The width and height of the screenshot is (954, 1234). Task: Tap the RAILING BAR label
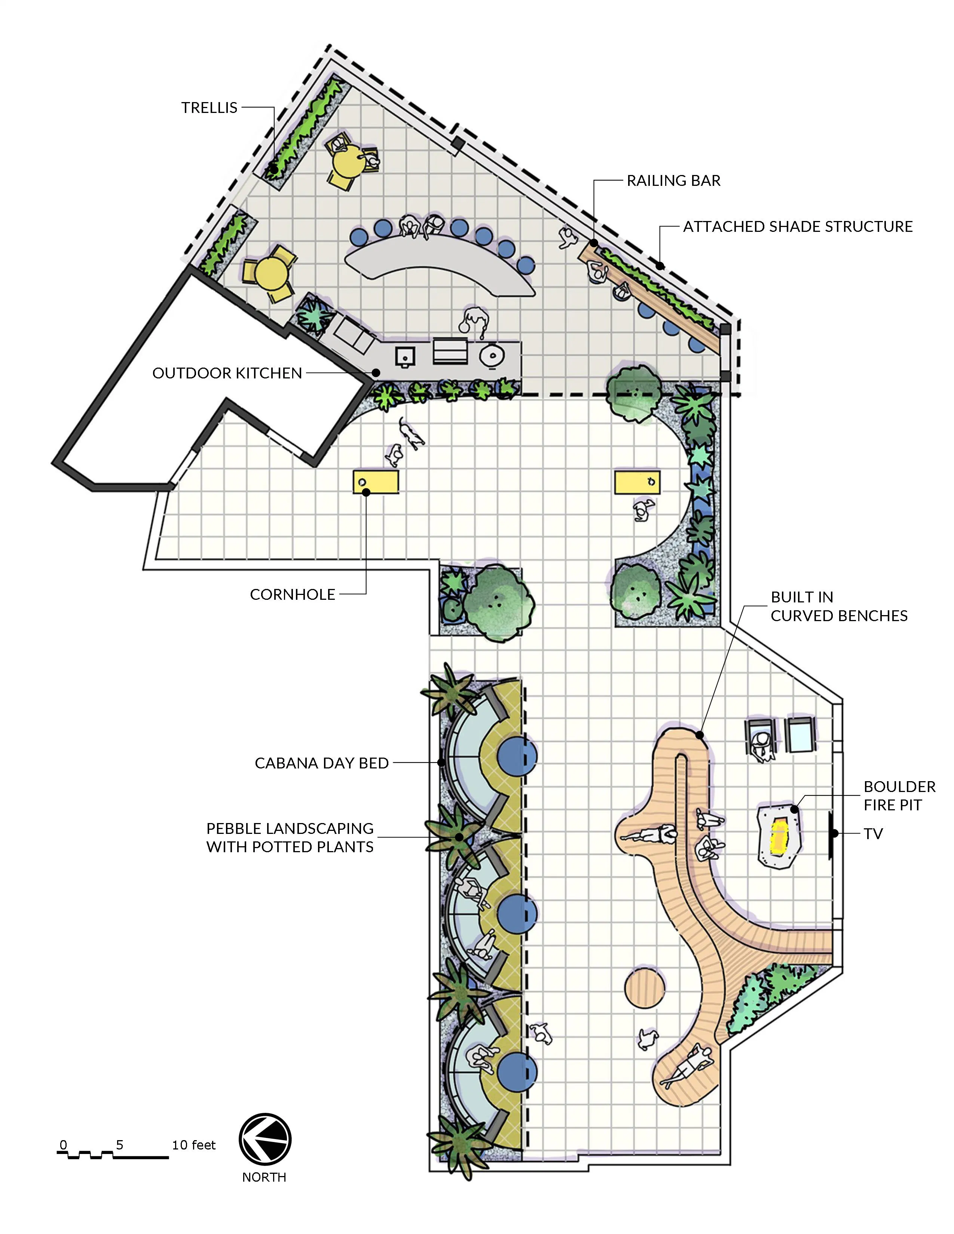pos(674,181)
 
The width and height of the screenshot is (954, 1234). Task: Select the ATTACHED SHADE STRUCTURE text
pos(798,227)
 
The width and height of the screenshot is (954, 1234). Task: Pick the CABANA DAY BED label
pos(322,763)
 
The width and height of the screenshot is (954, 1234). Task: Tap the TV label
pos(873,834)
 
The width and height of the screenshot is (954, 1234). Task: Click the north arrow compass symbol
pos(265,1140)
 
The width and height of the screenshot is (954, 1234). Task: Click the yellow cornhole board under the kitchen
pos(376,482)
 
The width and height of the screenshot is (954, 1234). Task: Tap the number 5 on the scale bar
pos(119,1145)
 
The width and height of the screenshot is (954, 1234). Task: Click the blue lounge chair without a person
pos(799,734)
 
